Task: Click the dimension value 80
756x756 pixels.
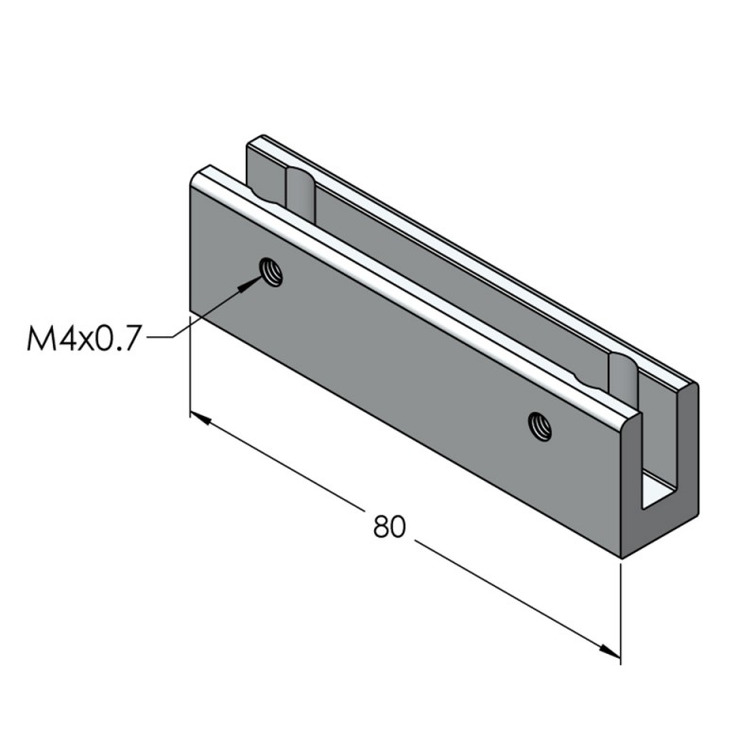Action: tap(388, 526)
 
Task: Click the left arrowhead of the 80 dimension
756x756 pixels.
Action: tap(198, 417)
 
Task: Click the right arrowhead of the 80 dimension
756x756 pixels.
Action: tap(612, 651)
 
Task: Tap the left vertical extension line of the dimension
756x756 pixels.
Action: tap(190, 369)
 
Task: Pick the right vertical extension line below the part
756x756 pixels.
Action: tap(621, 614)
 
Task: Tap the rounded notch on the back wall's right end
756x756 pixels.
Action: tap(622, 373)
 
